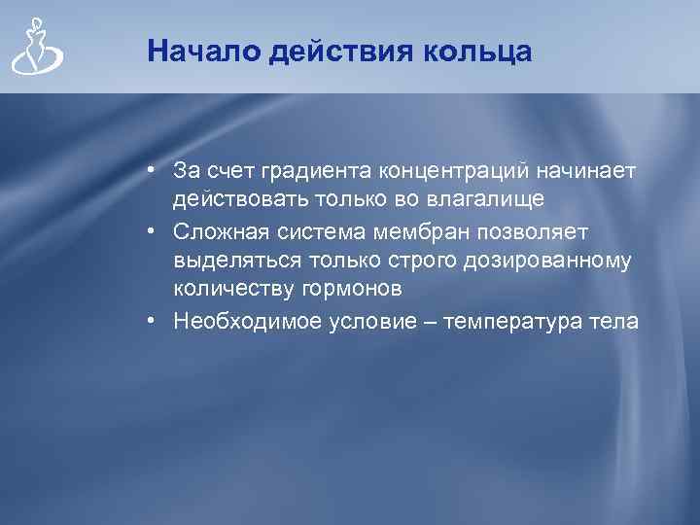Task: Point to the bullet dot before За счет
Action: point(154,172)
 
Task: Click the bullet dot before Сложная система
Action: point(154,232)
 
